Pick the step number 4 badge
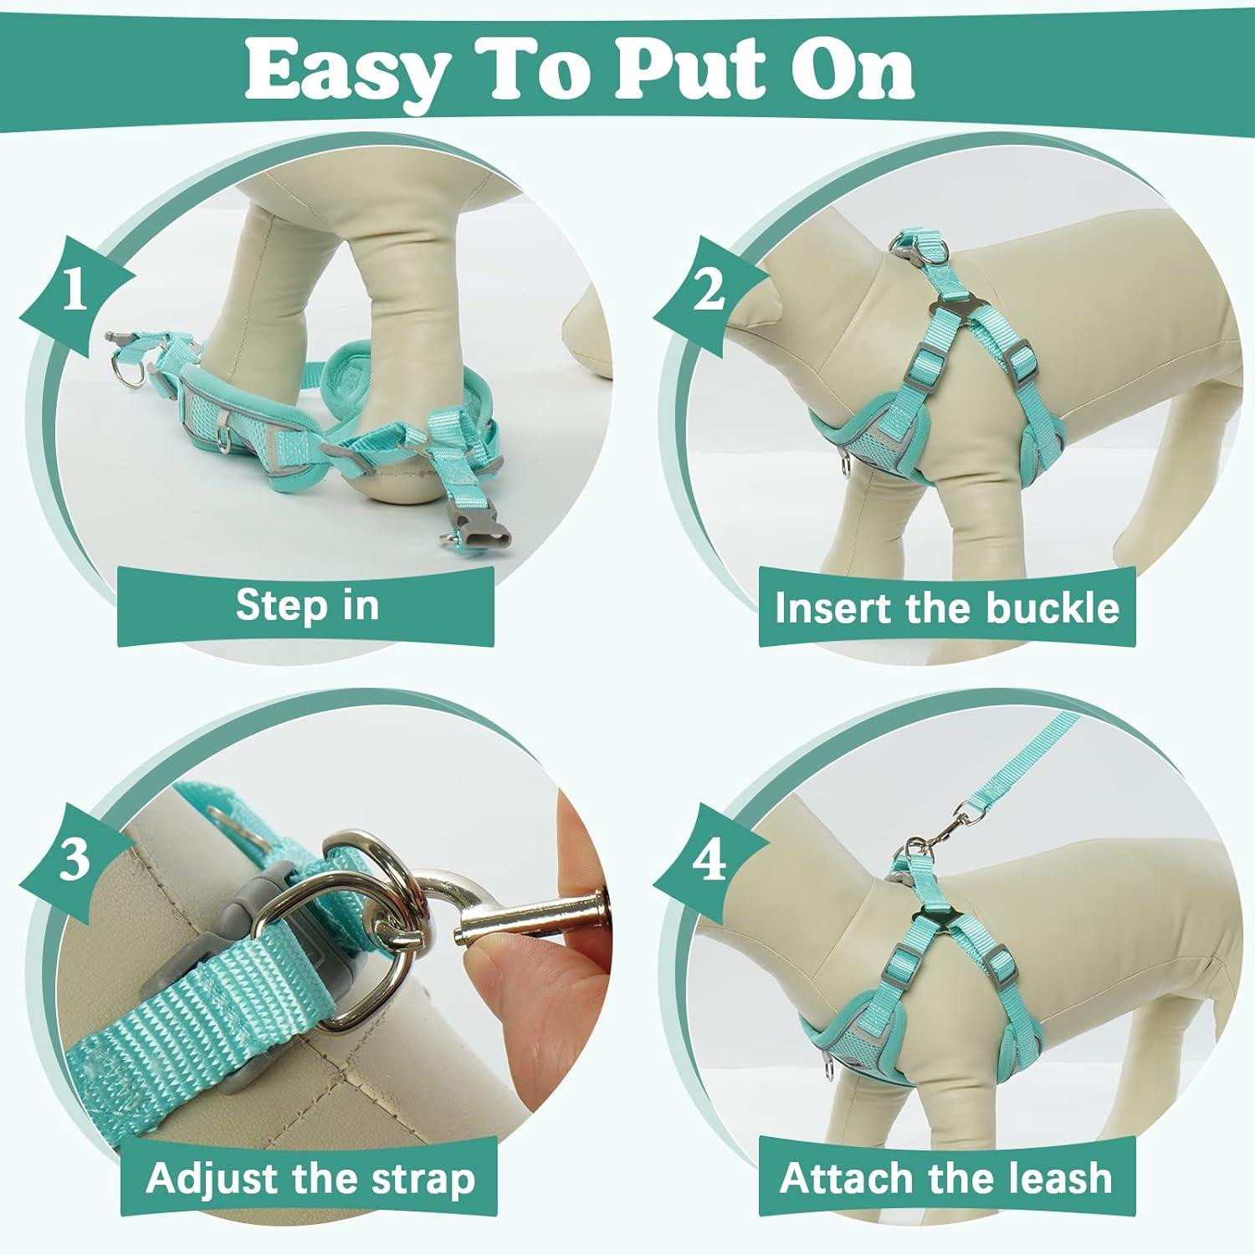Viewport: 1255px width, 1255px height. coord(709,860)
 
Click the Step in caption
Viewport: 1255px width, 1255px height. coord(307,605)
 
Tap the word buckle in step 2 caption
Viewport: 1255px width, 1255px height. coord(1052,607)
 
